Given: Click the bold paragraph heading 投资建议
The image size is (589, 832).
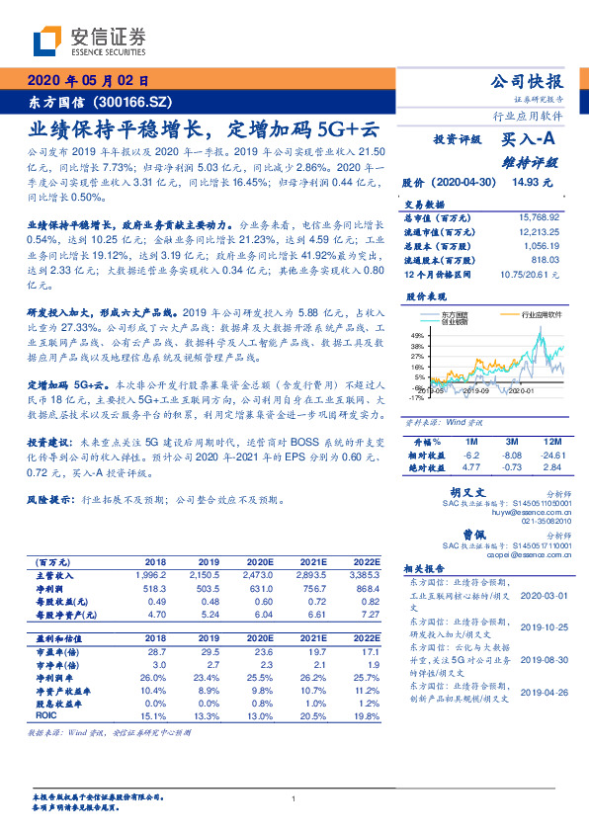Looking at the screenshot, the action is (x=49, y=445).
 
